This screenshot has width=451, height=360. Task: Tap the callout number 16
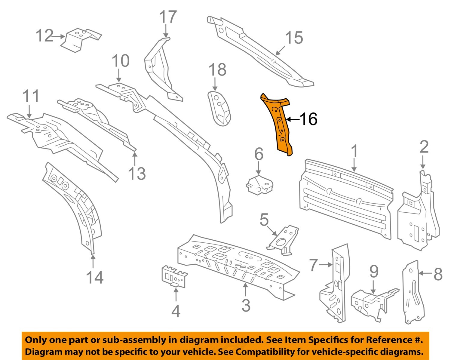pyautogui.click(x=309, y=119)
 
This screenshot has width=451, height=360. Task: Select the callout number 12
pyautogui.click(x=44, y=36)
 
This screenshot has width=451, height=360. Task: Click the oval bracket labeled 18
pyautogui.click(x=219, y=108)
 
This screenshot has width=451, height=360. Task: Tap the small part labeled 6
pyautogui.click(x=259, y=185)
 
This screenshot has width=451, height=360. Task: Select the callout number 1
pyautogui.click(x=354, y=151)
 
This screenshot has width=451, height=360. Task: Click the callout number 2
pyautogui.click(x=424, y=147)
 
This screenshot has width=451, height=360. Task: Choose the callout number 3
pyautogui.click(x=246, y=306)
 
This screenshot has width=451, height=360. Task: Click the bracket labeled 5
pyautogui.click(x=283, y=240)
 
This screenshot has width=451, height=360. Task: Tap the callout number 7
pyautogui.click(x=314, y=265)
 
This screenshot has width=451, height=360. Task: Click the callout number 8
pyautogui.click(x=438, y=274)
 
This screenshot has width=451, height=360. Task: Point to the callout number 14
pyautogui.click(x=95, y=277)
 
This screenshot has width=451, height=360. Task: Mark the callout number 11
pyautogui.click(x=31, y=96)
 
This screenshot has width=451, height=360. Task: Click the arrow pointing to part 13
pyautogui.click(x=135, y=159)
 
